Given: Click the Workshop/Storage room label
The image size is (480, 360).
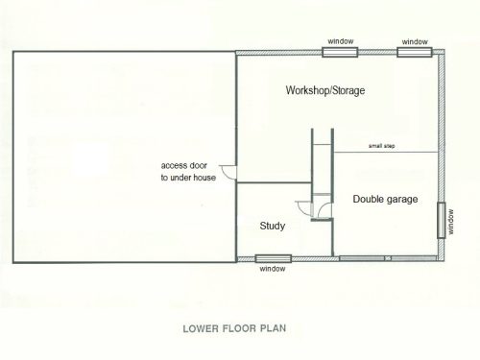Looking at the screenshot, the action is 325,90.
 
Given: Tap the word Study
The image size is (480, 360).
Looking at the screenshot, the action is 273,226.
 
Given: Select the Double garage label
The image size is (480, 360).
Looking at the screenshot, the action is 385,199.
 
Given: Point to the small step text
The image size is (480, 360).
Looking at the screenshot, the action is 381,146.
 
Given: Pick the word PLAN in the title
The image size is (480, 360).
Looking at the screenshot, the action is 273,328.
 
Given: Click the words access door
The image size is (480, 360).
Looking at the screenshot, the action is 183,166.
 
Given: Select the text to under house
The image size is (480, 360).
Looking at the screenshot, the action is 188,178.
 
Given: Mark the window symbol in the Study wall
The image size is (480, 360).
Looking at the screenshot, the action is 274,258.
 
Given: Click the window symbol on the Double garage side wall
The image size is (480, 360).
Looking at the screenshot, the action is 442,221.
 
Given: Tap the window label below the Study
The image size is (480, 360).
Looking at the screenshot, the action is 273,269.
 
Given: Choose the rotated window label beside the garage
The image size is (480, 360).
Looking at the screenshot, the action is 451,222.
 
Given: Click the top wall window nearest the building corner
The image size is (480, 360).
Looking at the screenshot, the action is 415,52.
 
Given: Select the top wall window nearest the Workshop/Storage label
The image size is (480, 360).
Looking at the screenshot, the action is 340,52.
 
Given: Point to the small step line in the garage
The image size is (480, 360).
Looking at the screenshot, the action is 386,152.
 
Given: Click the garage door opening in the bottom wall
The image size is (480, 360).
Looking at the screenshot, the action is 388,258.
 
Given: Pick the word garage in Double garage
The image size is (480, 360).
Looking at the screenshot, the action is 401,200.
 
